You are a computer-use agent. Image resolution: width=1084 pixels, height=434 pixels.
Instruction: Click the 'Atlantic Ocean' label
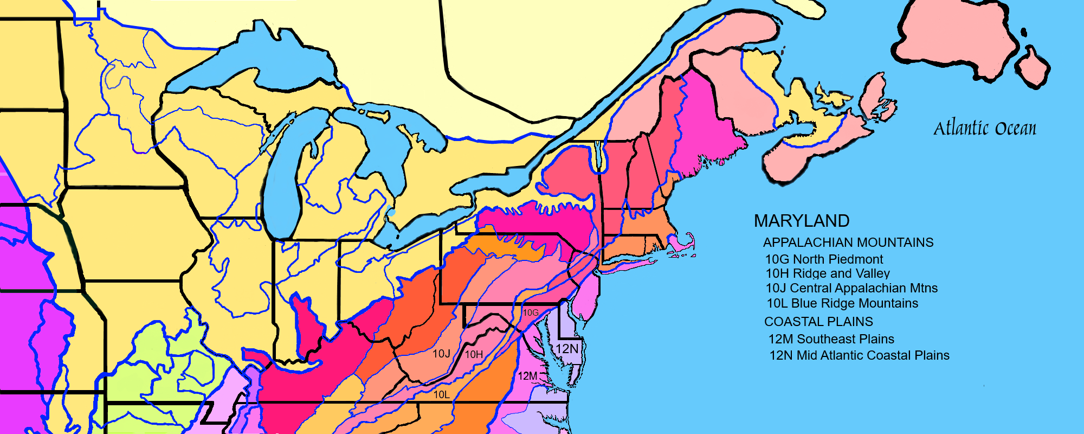coord(984,129)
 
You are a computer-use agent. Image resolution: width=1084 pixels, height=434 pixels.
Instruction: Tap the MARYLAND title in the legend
coord(802,221)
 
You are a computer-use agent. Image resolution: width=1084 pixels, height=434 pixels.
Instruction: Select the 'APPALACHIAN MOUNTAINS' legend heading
coord(848,242)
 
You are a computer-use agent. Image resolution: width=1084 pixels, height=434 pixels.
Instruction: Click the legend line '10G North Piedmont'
coord(824,259)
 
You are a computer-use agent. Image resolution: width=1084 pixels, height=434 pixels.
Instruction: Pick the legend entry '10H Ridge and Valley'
coord(828,273)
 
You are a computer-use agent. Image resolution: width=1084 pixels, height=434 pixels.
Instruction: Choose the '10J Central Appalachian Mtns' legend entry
coord(851,288)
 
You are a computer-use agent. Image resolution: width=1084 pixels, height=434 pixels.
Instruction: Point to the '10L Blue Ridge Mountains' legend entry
coord(842,303)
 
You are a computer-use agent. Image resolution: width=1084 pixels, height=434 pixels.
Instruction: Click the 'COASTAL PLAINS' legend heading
coord(818,322)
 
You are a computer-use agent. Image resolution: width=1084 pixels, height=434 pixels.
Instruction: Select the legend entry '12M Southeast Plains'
coord(831,339)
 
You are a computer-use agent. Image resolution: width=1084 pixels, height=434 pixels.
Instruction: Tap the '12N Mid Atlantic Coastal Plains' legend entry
coord(859,355)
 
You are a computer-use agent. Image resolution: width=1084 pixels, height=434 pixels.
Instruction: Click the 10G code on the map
coord(531,312)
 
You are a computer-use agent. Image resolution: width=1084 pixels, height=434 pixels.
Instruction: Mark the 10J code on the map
coord(441,354)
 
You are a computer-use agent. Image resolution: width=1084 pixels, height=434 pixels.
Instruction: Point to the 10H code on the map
coord(474,354)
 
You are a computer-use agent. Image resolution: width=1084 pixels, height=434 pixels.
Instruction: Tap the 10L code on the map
coord(441,394)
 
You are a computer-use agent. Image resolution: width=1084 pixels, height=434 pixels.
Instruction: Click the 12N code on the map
coord(567,349)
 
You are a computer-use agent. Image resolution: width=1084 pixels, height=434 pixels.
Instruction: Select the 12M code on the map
coord(527,376)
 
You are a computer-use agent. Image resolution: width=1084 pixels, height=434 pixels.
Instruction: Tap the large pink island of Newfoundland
coord(954,38)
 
